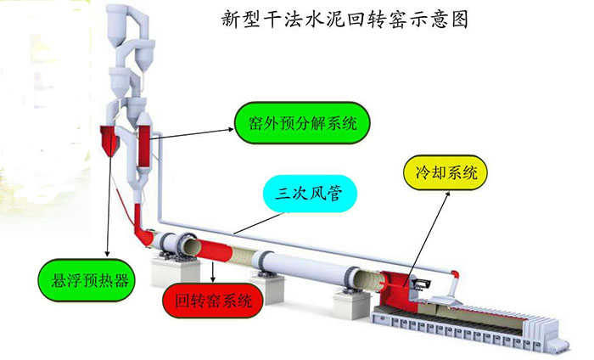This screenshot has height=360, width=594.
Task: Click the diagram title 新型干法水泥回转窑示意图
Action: (345, 19)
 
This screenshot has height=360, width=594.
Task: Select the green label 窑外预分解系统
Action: (302, 123)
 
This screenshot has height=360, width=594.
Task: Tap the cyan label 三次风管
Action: (310, 194)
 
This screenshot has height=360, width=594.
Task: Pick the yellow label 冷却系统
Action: (445, 173)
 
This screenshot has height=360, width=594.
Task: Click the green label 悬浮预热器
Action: (87, 280)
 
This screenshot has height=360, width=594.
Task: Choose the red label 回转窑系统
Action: (213, 300)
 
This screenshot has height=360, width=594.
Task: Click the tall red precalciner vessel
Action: (144, 146)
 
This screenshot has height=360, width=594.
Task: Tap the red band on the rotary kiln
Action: (213, 251)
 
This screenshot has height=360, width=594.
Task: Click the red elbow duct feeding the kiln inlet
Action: (143, 227)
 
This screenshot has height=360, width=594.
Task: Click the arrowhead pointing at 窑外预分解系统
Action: (231, 130)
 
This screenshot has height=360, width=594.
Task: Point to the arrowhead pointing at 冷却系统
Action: (448, 194)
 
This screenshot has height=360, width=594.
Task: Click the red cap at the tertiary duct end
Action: (455, 273)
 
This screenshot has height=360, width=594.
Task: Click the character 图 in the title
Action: (460, 19)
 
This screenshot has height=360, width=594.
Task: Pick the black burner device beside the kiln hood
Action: (422, 284)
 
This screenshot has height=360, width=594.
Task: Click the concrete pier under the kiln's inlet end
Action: (175, 271)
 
